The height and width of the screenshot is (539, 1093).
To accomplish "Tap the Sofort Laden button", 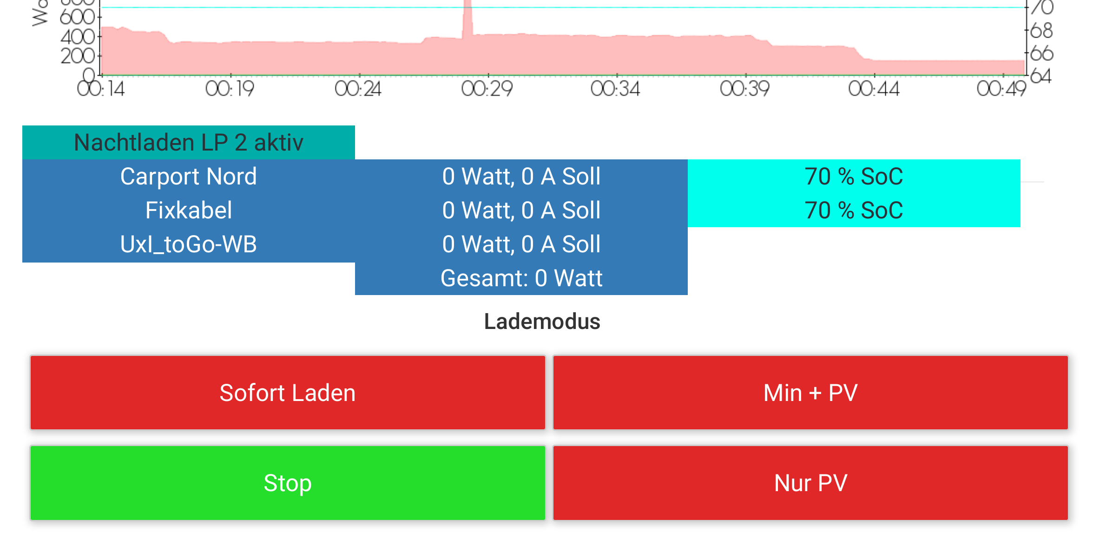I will click(288, 393).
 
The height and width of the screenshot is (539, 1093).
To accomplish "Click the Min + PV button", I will click(810, 393).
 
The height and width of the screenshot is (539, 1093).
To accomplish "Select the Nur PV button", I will click(810, 483).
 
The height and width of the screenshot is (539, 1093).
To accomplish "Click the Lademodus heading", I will click(542, 322).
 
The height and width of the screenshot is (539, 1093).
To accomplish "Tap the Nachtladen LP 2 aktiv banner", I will click(188, 142).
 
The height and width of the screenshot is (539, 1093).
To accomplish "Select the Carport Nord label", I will click(188, 177).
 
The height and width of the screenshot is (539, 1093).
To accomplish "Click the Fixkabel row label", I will click(188, 210).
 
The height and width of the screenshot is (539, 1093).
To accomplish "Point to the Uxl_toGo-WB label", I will click(188, 244).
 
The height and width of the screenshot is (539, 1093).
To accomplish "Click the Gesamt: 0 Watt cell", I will click(521, 278).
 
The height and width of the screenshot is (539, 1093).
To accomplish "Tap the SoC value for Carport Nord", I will click(854, 177).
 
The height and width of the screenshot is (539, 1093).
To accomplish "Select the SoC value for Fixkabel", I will click(854, 210).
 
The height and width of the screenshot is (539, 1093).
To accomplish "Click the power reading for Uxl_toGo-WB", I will click(521, 244).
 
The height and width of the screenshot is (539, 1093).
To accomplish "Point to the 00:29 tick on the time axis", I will click(487, 88).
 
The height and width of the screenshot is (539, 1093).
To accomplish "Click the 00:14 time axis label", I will click(101, 88).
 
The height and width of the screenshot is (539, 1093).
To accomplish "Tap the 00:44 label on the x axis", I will click(874, 88).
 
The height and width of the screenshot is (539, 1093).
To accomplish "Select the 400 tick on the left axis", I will click(78, 37).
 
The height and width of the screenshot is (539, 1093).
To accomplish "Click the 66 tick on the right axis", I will click(1041, 53).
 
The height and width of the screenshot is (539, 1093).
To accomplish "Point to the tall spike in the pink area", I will click(467, 19).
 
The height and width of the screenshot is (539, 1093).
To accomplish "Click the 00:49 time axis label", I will click(1001, 88).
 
